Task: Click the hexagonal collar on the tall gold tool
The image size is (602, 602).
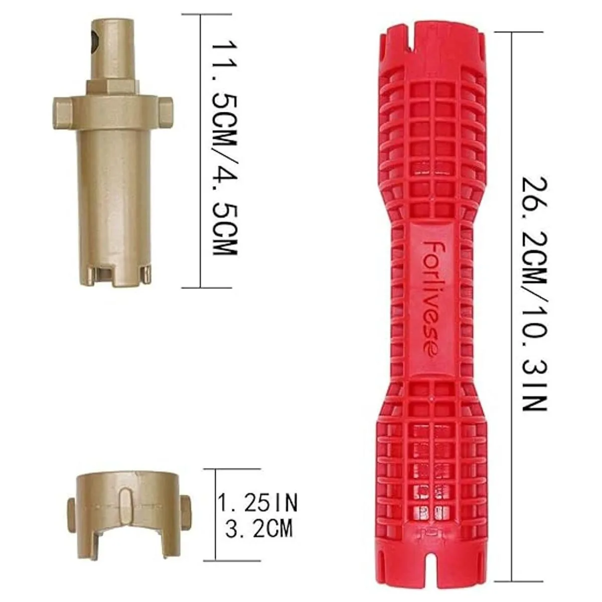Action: pos(112,86)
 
